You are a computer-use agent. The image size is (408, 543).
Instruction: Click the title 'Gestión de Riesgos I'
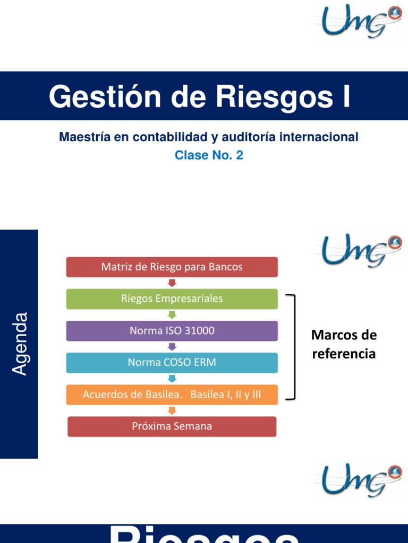[200, 97]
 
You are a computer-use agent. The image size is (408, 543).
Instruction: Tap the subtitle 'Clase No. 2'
[209, 156]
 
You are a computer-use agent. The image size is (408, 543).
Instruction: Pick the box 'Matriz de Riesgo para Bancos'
[172, 267]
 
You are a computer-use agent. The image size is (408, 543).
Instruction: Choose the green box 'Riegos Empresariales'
[172, 299]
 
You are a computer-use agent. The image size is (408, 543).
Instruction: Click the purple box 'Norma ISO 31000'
[172, 331]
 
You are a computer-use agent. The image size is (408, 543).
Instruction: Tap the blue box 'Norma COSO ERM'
[172, 363]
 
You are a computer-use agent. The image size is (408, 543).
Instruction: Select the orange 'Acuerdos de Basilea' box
[172, 395]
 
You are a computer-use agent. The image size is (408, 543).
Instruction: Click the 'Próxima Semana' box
[172, 426]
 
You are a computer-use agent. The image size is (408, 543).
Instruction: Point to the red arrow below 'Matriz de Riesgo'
[172, 283]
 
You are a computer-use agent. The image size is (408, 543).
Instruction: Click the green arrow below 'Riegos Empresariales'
[172, 315]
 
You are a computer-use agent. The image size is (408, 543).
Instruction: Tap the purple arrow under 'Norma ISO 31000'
[172, 347]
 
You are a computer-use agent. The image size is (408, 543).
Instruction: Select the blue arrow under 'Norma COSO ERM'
[172, 379]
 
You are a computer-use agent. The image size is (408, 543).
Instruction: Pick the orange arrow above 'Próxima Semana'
[172, 410]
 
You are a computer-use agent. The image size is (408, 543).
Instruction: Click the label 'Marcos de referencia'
[344, 344]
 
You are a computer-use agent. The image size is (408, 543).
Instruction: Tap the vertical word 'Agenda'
[20, 344]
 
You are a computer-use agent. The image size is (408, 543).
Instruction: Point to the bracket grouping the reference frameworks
[294, 347]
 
